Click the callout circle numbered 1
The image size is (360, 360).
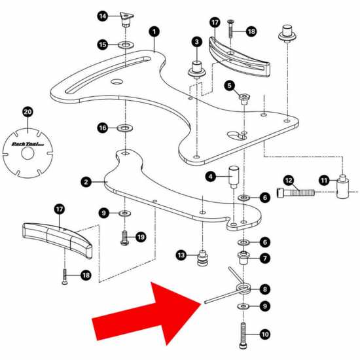click(x=154, y=31)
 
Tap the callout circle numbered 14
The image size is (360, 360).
click(x=103, y=16)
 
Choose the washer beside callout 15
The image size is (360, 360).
click(x=124, y=45)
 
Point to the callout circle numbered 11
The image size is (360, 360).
click(x=324, y=179)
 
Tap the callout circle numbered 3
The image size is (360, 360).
click(x=196, y=42)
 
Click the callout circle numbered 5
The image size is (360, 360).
click(x=229, y=85)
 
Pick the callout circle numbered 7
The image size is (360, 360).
click(x=264, y=258)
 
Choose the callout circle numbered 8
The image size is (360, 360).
click(x=264, y=289)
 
